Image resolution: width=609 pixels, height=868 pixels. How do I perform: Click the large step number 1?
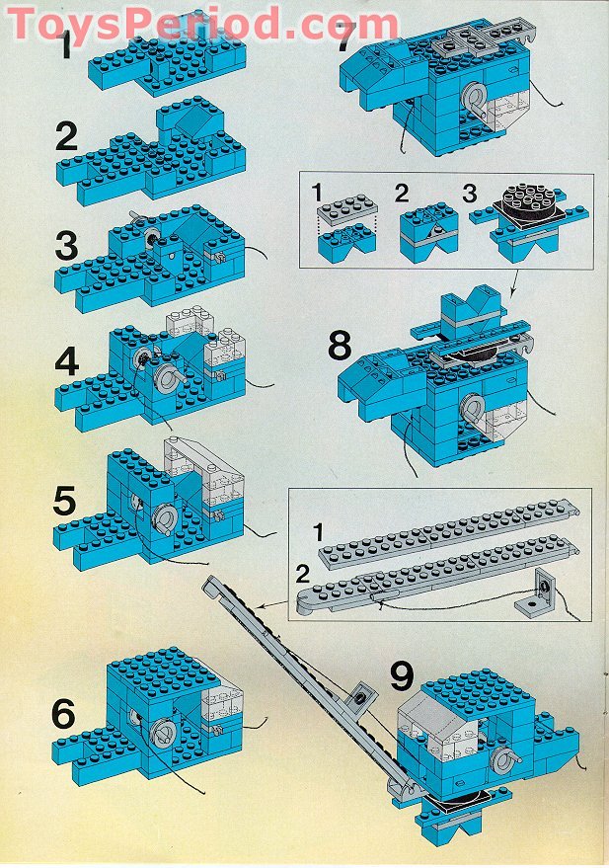[x=66, y=46]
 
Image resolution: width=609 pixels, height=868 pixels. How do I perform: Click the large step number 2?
[x=66, y=136]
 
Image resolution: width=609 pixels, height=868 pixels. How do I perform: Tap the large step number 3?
[x=66, y=244]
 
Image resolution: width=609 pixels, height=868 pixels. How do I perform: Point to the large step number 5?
[x=65, y=501]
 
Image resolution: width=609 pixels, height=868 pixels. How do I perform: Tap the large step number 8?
[x=340, y=346]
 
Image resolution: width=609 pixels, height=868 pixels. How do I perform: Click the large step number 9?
[x=401, y=676]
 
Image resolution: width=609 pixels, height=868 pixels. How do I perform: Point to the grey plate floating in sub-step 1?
[x=344, y=212]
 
